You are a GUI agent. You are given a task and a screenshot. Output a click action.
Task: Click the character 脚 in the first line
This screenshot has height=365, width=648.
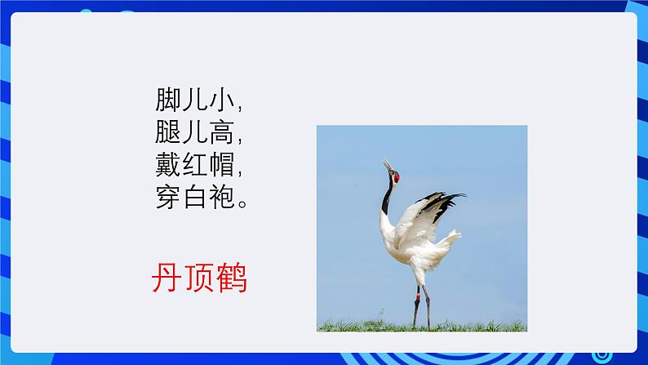click(x=168, y=100)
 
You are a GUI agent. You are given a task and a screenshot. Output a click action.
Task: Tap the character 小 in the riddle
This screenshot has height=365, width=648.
click(x=222, y=100)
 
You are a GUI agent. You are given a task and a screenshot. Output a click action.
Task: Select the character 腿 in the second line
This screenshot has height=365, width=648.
click(x=168, y=131)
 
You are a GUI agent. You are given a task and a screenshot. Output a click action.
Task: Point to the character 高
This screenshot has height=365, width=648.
click(x=222, y=131)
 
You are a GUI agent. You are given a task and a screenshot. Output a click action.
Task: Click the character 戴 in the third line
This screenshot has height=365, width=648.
click(x=168, y=164)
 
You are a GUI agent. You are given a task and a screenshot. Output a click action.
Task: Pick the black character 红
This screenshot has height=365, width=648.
click(x=195, y=164)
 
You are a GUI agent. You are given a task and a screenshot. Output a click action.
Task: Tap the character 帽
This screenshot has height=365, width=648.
click(x=222, y=164)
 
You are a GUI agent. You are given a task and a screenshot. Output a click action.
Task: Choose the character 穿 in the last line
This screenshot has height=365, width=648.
click(x=168, y=196)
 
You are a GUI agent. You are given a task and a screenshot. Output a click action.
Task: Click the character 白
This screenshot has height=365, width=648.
click(x=195, y=196)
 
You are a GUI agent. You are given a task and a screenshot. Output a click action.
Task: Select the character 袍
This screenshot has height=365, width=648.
click(x=222, y=196)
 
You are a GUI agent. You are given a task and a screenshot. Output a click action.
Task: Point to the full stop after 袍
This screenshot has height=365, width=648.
click(x=243, y=204)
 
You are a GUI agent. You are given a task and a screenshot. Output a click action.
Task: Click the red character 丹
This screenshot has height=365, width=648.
click(x=166, y=278)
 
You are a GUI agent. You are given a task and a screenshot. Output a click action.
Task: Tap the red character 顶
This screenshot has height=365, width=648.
click(x=199, y=278)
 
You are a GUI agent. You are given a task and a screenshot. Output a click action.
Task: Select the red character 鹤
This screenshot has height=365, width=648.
click(x=232, y=278)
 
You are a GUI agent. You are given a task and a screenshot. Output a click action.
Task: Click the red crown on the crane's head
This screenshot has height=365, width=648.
click(x=397, y=178)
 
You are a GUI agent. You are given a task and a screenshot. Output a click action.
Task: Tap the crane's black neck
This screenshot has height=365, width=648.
click(x=387, y=198)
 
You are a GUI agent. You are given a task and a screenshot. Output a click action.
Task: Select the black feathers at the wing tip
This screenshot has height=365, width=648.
click(x=443, y=203)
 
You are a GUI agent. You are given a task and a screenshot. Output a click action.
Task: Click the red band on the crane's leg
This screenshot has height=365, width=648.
click(x=418, y=296)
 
